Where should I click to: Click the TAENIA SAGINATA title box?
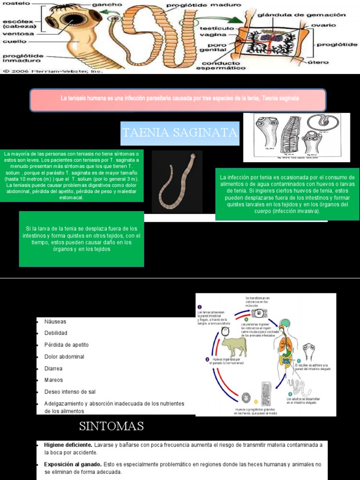click(180, 133)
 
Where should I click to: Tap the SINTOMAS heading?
click(111, 426)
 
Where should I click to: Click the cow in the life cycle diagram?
click(234, 347)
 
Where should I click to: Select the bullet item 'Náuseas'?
click(55, 322)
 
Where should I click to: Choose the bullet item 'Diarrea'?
click(53, 368)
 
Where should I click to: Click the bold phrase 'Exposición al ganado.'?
click(73, 464)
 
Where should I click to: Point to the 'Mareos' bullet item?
click(53, 380)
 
